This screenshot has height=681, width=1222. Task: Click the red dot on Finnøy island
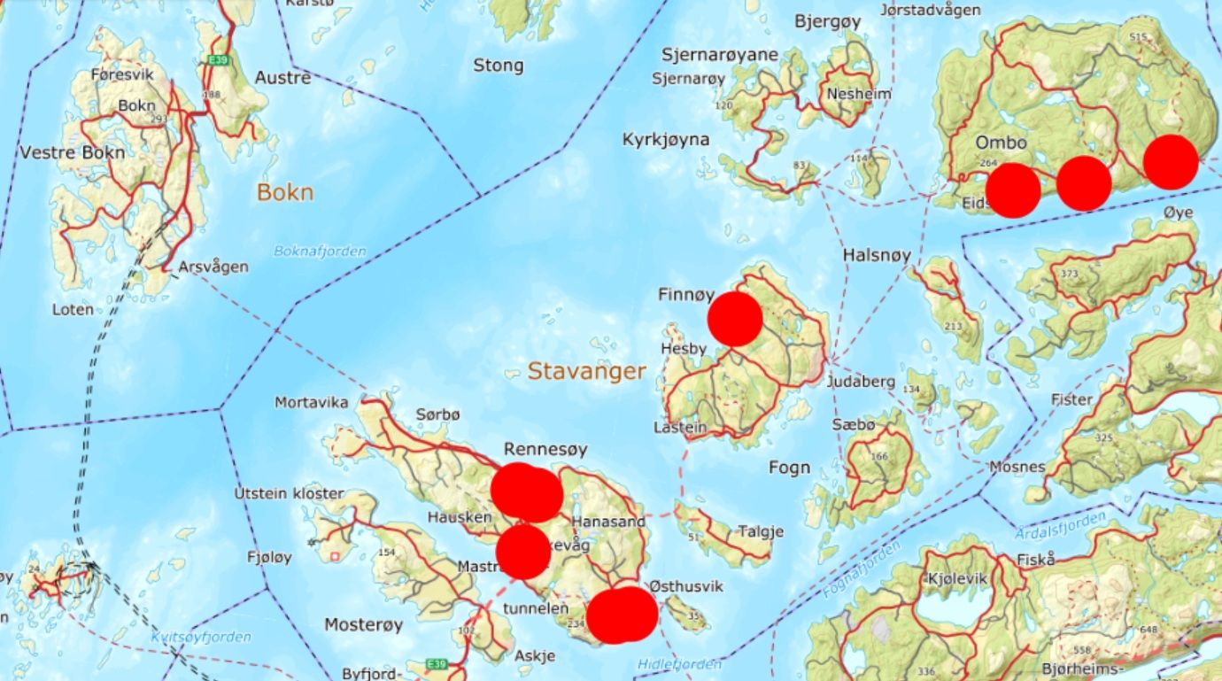point(735,319)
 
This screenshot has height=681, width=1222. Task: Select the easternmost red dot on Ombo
point(1171,162)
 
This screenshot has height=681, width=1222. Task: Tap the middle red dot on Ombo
point(1084,183)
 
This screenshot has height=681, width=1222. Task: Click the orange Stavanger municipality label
point(586,371)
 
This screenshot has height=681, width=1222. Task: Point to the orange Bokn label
point(285,192)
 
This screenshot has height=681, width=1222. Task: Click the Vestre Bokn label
point(73,151)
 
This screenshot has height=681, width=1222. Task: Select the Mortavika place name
point(311,402)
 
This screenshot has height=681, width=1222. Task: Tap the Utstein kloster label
point(289,493)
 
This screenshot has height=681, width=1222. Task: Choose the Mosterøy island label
point(363,624)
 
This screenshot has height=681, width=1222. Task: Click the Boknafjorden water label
point(320,252)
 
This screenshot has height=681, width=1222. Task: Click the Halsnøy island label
point(877,255)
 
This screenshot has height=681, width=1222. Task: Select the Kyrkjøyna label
point(665,139)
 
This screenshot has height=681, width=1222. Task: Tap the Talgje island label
point(762,531)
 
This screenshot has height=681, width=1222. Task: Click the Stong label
point(498,66)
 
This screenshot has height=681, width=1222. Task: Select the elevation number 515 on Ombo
point(1139,36)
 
